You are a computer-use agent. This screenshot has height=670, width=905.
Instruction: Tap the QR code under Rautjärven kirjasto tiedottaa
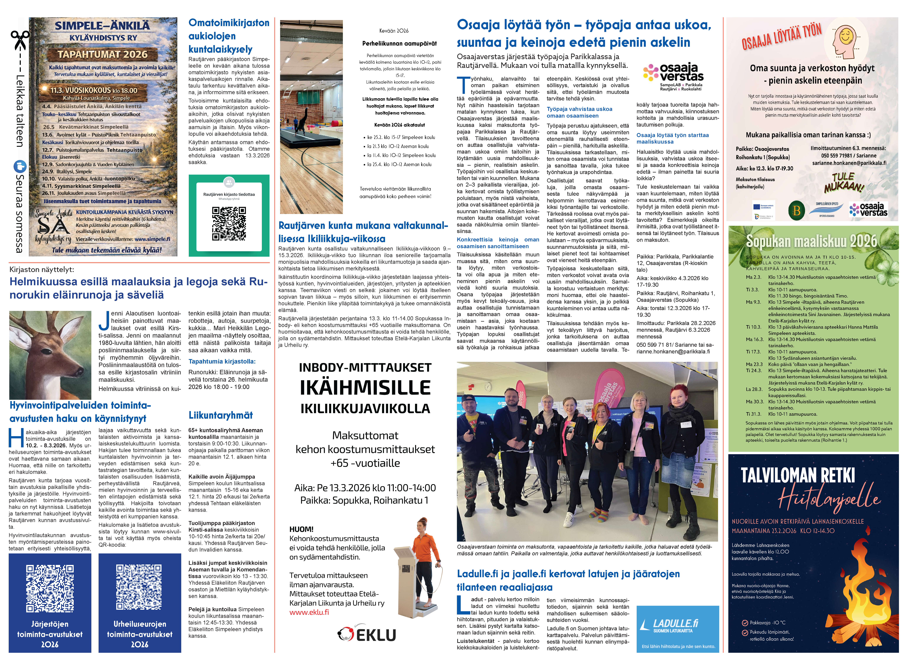229,224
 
